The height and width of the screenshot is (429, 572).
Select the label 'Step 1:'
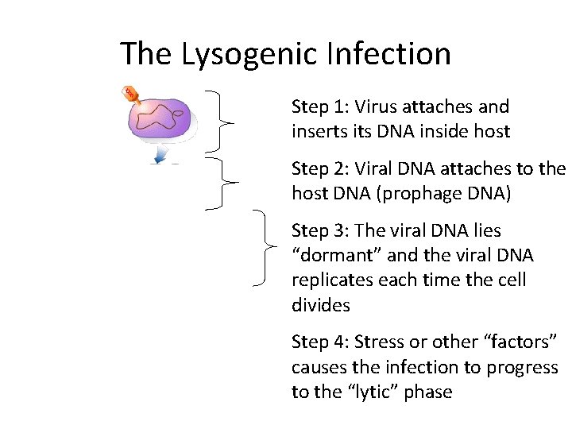click(321, 106)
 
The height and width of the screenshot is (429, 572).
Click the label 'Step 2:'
click(321, 168)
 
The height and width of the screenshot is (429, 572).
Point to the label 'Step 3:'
click(321, 230)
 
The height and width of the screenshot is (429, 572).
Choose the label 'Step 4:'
click(321, 342)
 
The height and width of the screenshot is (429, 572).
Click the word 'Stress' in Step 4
click(379, 342)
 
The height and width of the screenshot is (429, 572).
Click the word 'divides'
click(320, 305)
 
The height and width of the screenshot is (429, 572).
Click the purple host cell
click(162, 119)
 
